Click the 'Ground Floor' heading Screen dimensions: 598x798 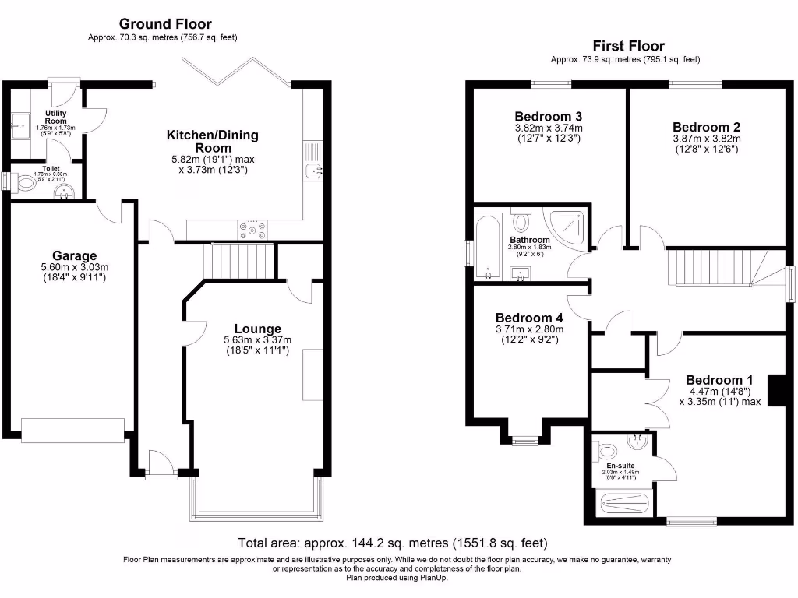pos(164,24)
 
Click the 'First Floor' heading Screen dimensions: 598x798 pos(628,46)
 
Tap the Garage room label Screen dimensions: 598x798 pos(74,255)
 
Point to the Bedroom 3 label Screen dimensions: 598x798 pos(548,116)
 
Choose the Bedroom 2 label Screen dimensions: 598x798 pos(706,127)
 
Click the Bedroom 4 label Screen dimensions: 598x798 pos(529,318)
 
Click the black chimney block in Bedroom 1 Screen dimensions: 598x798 pos(777,390)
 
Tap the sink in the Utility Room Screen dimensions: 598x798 pos(20,122)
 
